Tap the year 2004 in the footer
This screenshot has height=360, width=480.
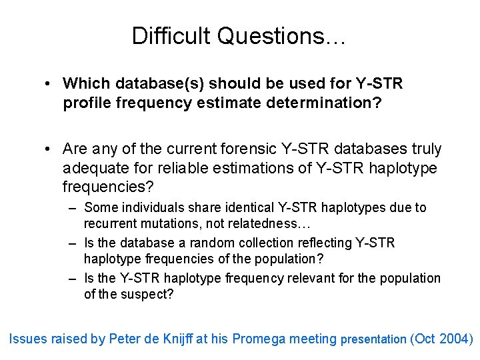(453, 339)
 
